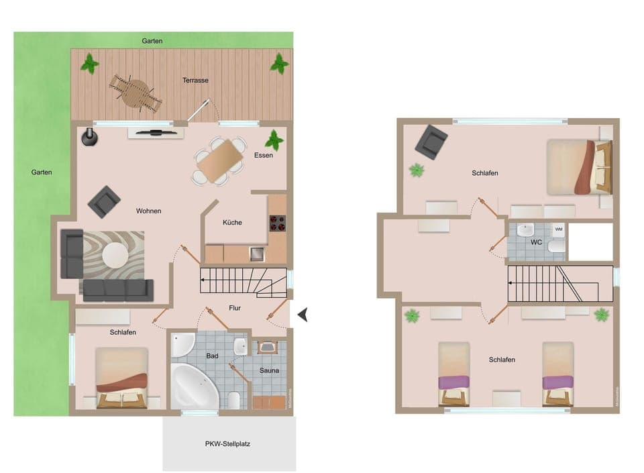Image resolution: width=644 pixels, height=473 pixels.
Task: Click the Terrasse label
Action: (195, 81)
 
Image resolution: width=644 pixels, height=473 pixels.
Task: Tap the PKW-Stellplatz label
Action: (228, 443)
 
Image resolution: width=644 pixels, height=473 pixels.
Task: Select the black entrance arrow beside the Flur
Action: (303, 314)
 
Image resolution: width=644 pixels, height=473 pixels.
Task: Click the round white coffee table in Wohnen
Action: (117, 255)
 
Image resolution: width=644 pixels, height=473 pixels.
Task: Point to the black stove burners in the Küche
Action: (277, 223)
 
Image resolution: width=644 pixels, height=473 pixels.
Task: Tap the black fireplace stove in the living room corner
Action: (89, 137)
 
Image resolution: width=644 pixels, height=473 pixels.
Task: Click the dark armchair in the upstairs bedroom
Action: (431, 142)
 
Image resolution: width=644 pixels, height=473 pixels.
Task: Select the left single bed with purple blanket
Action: (454, 373)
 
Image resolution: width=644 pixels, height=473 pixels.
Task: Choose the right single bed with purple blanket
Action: (558, 373)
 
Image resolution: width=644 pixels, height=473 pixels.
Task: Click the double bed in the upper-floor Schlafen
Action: (579, 166)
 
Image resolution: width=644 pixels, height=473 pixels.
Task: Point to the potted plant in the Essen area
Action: (274, 141)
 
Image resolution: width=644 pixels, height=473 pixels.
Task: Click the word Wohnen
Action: (148, 211)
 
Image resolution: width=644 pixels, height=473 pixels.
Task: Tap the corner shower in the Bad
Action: (182, 345)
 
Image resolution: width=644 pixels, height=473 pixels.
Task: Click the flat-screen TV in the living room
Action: (156, 132)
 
